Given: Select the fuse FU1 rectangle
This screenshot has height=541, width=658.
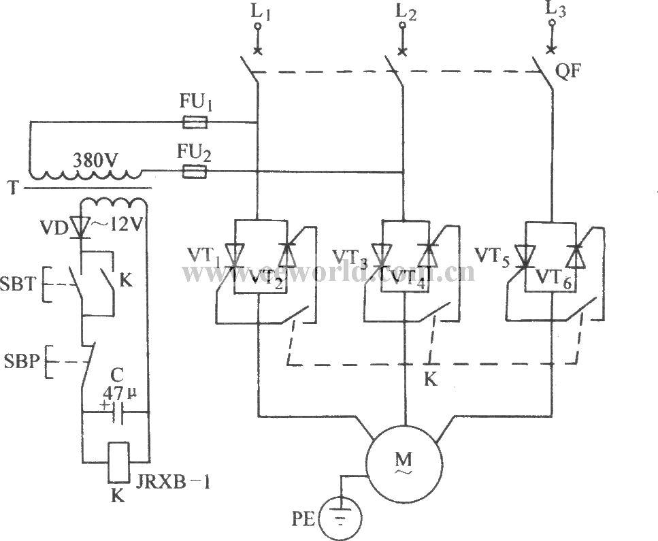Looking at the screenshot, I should (x=195, y=122).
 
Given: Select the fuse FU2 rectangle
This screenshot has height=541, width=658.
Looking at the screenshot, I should (x=195, y=172).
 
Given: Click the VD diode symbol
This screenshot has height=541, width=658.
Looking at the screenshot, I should (x=82, y=227).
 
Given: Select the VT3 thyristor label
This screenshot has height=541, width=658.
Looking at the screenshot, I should (x=349, y=256).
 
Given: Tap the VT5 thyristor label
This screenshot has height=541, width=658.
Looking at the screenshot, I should (x=492, y=256).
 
